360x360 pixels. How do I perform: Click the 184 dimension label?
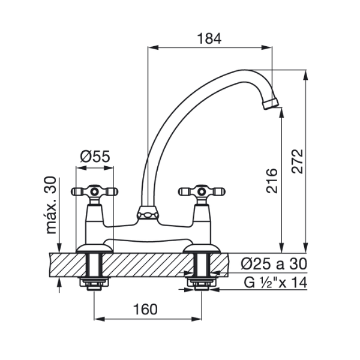(209, 38)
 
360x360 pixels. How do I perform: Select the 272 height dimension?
(298, 161)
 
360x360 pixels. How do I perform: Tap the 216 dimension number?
(272, 181)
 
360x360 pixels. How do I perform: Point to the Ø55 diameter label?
(95, 157)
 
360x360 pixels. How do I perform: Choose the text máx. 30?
(51, 205)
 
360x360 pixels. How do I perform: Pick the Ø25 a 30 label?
(274, 264)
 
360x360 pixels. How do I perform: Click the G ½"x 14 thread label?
(275, 283)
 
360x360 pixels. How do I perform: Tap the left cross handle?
(94, 191)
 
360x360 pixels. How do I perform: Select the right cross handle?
(202, 191)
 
